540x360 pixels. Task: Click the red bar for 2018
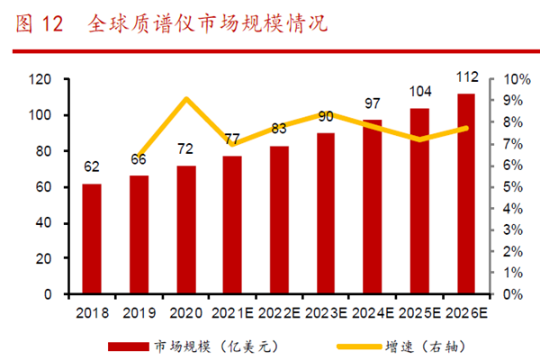92,238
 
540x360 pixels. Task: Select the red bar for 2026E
466,193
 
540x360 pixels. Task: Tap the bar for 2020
185,229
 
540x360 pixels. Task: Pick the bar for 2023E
326,213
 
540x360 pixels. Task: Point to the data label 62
92,166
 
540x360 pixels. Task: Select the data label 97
373,103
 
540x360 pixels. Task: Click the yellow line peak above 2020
185,99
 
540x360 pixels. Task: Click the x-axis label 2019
139,312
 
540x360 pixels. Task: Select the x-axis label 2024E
373,312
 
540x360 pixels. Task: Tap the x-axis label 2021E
232,312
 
